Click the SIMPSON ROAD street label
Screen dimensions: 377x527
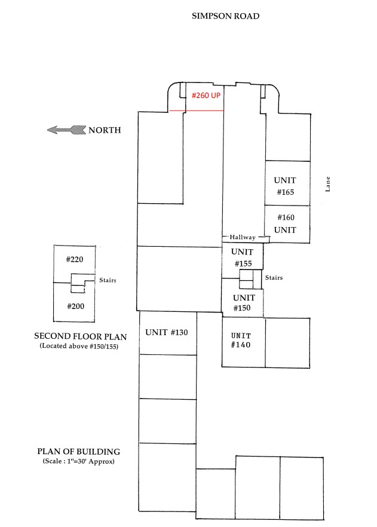coord(225,16)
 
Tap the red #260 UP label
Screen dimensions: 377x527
coord(206,96)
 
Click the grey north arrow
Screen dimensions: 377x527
coord(66,130)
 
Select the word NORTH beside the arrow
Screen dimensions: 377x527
coord(105,130)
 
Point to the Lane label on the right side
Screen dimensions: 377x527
coord(327,184)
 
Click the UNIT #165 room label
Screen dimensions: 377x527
coord(285,186)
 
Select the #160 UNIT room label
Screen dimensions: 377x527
coord(285,223)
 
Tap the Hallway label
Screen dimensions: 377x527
coord(243,237)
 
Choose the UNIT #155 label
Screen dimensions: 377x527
coord(242,258)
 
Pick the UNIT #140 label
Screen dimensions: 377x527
coord(241,340)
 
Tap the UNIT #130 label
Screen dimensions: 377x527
coord(166,332)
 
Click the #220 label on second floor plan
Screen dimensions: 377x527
coord(75,259)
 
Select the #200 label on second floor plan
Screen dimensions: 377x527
coord(76,306)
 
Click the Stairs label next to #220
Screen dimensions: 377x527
coord(108,280)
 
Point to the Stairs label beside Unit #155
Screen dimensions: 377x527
coord(274,278)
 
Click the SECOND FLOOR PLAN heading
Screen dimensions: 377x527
coord(81,336)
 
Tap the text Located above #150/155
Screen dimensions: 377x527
coord(79,346)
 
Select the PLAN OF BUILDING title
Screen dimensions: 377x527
coord(79,451)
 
